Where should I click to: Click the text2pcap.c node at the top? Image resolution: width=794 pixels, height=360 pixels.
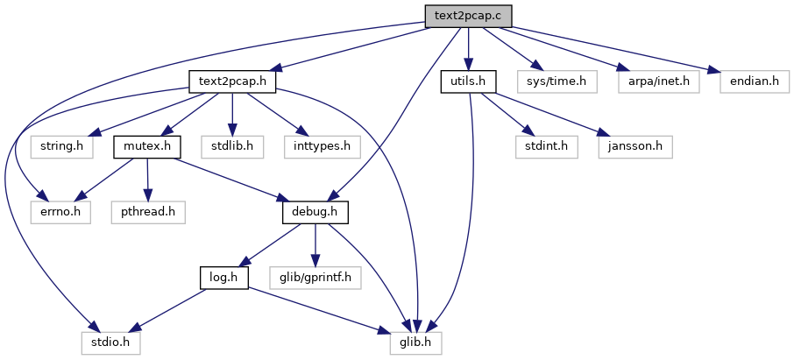(468, 16)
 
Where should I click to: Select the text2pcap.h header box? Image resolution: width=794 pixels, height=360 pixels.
(232, 82)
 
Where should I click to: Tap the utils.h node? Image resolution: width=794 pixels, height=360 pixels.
(468, 82)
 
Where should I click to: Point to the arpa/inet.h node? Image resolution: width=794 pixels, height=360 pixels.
(659, 82)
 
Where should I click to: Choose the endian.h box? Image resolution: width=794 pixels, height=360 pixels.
(755, 82)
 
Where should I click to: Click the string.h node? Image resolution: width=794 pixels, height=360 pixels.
(61, 147)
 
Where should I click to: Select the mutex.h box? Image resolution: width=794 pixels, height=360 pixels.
(147, 147)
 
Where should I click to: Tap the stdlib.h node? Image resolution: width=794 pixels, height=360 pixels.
(232, 147)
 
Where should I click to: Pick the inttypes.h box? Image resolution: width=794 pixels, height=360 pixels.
(323, 147)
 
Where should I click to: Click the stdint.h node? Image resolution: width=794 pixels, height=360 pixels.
(547, 147)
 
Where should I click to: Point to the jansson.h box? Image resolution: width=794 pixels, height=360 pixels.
(635, 147)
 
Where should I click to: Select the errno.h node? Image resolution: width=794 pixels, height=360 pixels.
(60, 213)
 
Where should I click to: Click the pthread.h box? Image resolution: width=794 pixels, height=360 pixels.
(148, 213)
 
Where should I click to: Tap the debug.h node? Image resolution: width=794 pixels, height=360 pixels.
(315, 213)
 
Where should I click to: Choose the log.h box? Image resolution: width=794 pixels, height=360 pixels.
(223, 278)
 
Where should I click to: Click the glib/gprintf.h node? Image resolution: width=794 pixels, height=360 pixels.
(315, 278)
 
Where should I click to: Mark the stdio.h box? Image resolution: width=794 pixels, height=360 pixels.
(110, 343)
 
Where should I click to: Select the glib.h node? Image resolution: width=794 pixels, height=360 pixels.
(415, 343)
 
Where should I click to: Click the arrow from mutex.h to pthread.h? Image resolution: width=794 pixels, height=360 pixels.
(147, 180)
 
